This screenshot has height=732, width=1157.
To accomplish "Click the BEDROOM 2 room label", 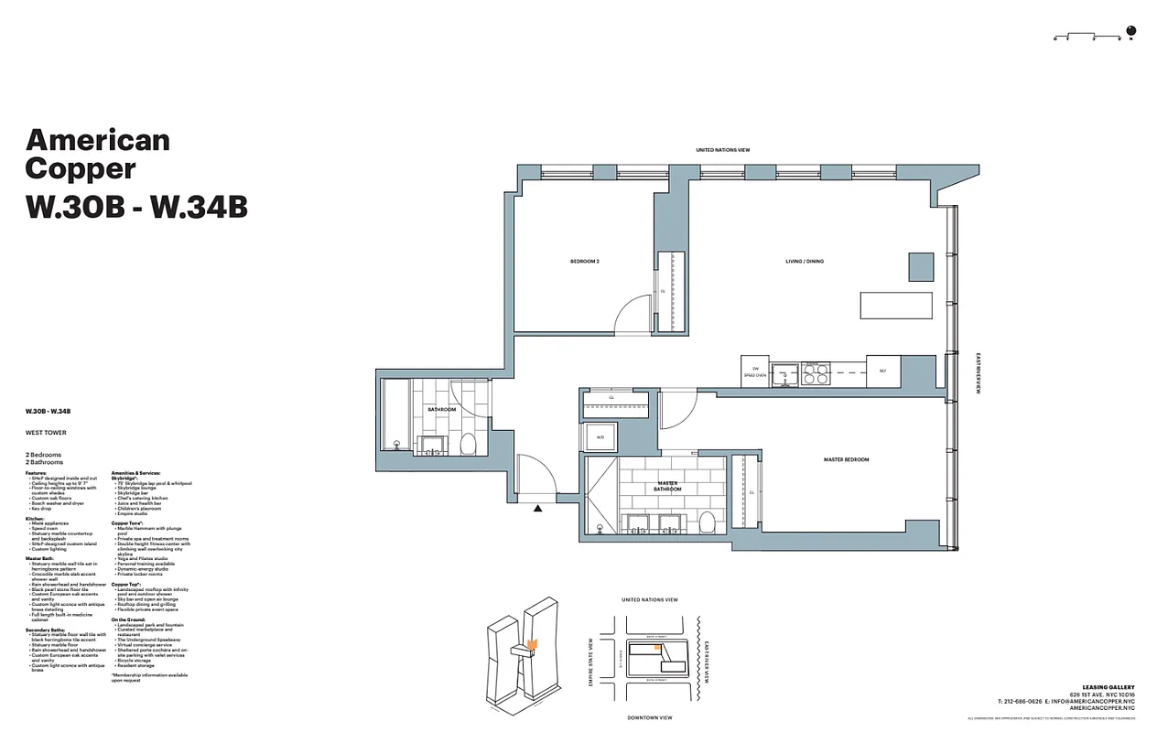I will coord(584,262).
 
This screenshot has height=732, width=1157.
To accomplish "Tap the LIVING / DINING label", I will coord(804,262).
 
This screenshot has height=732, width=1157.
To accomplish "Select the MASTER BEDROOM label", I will coord(846,459).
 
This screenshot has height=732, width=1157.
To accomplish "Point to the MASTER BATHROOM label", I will coord(667,486).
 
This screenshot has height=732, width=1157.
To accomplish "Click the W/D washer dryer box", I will coord(601,437).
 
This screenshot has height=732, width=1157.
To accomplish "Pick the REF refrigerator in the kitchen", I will coord(882,371).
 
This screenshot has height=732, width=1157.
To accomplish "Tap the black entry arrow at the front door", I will coord(538,507).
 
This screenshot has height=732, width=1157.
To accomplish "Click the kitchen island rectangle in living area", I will coord(895,306).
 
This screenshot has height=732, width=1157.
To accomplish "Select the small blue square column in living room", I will coord(920,266).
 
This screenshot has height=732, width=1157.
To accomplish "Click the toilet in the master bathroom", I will coord(707,522).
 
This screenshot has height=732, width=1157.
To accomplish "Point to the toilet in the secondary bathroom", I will coord(467,445).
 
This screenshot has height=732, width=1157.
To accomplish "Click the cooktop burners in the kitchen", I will coord(816,374).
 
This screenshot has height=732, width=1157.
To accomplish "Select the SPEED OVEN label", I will coord(754,375).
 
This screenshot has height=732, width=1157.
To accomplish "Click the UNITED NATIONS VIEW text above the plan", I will coord(722,150).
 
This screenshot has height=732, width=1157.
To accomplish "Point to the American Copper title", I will coord(98,154).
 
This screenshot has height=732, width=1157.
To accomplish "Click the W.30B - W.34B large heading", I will coord(136,208).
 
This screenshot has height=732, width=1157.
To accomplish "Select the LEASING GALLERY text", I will coord(1108,686).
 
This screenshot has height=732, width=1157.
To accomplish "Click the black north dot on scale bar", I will coord(1131,32).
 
